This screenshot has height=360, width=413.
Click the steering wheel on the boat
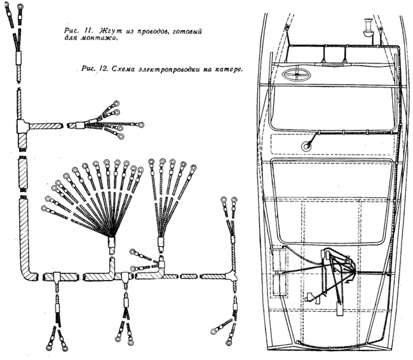point(296,74)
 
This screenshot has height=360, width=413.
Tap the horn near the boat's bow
point(368,28)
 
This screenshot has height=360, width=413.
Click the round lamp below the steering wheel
point(307,146)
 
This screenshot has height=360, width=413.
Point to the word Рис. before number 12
point(89,69)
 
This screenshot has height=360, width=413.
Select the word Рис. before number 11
point(71,31)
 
